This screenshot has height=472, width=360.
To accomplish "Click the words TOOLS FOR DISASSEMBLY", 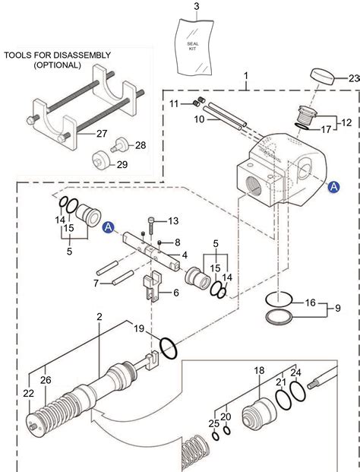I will click(57, 55).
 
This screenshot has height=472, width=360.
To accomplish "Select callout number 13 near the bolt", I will click(173, 220).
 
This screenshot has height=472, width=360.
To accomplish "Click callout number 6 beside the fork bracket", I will click(175, 293).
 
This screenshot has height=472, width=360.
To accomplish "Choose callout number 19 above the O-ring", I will click(138, 328).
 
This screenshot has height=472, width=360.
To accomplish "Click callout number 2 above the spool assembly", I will click(99, 316).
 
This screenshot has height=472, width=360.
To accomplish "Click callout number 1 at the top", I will click(245, 76).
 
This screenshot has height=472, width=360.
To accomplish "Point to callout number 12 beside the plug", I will click(346, 122).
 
